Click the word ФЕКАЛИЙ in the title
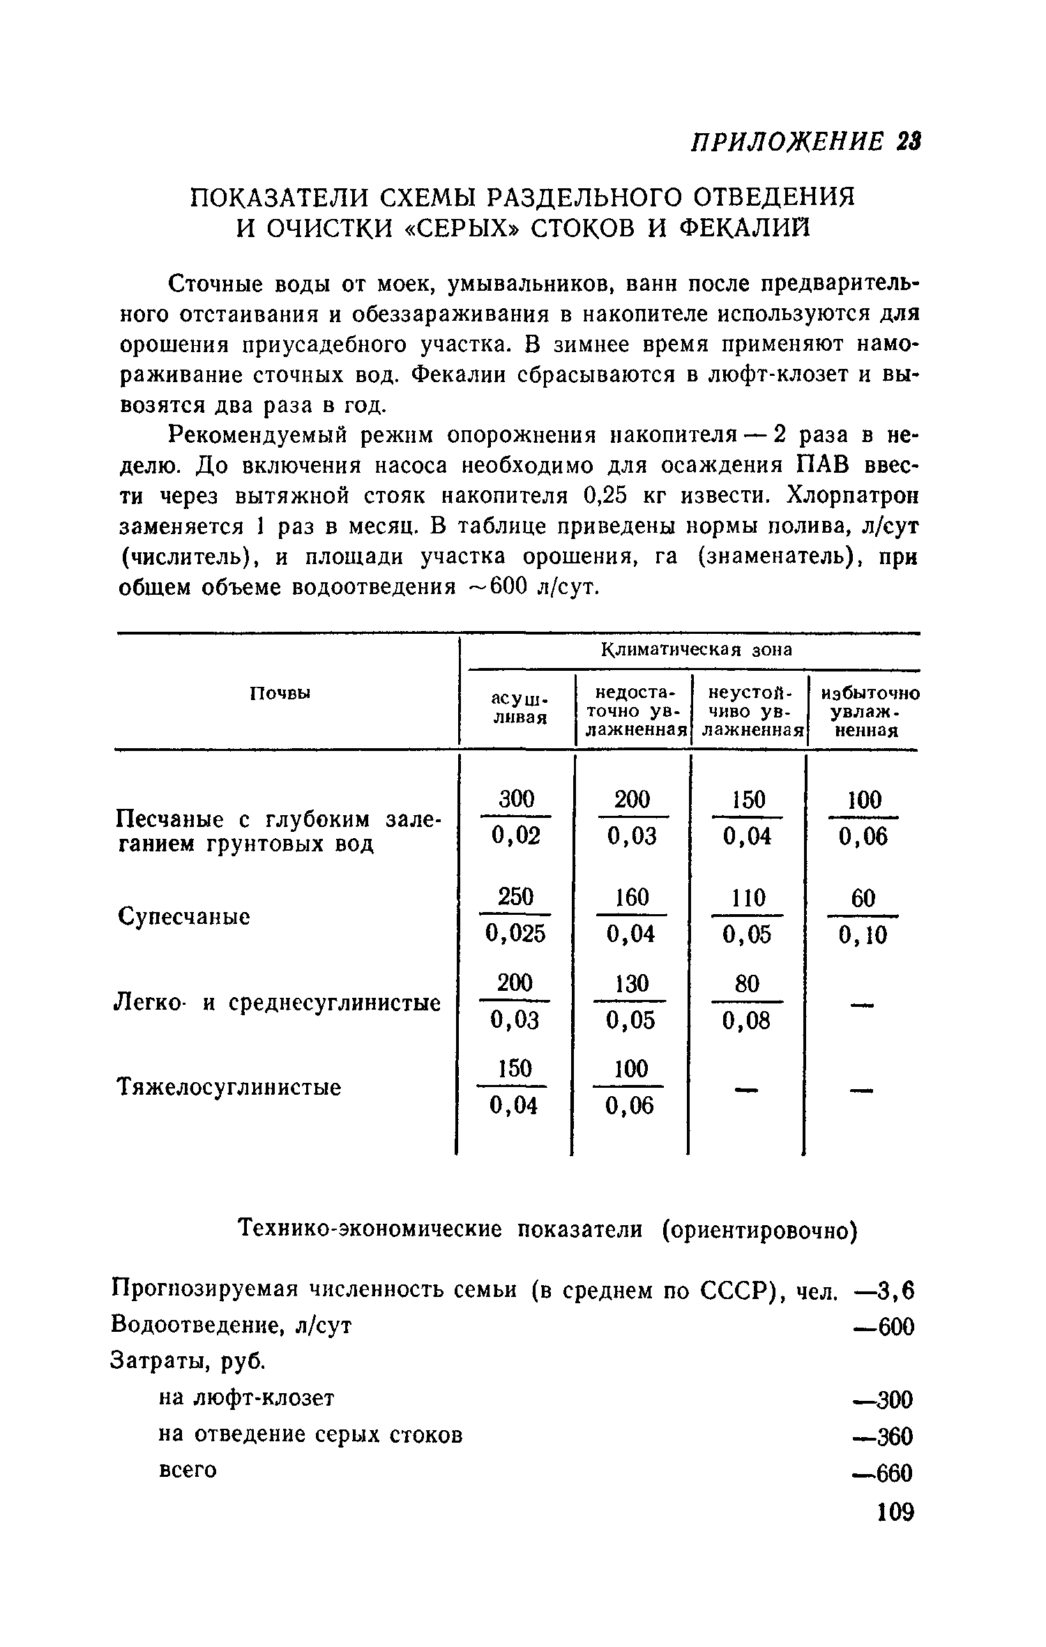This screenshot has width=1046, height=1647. [747, 228]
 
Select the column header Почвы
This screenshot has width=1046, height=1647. [280, 693]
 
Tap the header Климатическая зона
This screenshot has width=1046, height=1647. [696, 650]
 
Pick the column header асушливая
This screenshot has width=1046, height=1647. [520, 708]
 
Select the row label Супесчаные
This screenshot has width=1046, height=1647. [184, 916]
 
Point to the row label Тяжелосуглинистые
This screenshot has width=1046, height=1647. [229, 1086]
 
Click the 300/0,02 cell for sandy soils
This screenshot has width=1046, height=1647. [516, 817]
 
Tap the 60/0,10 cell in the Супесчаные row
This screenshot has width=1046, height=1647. [863, 916]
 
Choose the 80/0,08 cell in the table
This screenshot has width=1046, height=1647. [747, 1003]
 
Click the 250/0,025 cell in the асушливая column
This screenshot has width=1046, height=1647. [516, 915]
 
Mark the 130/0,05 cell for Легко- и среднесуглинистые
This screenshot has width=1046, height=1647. [631, 1003]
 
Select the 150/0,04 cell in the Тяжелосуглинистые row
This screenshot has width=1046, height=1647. [515, 1087]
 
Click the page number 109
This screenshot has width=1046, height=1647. [895, 1532]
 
